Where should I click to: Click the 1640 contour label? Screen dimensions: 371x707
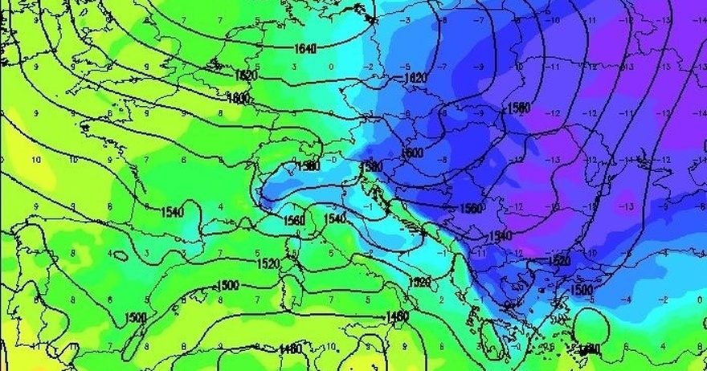(304, 48)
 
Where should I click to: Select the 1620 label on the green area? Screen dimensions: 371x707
(247, 75)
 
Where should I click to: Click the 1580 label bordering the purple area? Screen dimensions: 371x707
(518, 107)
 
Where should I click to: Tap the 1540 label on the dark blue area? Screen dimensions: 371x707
(500, 234)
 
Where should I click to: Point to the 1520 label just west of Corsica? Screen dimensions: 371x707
(268, 263)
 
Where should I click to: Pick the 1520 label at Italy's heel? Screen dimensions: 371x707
(419, 283)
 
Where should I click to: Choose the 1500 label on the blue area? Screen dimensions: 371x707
(581, 289)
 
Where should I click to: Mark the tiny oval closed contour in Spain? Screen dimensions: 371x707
(121, 256)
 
